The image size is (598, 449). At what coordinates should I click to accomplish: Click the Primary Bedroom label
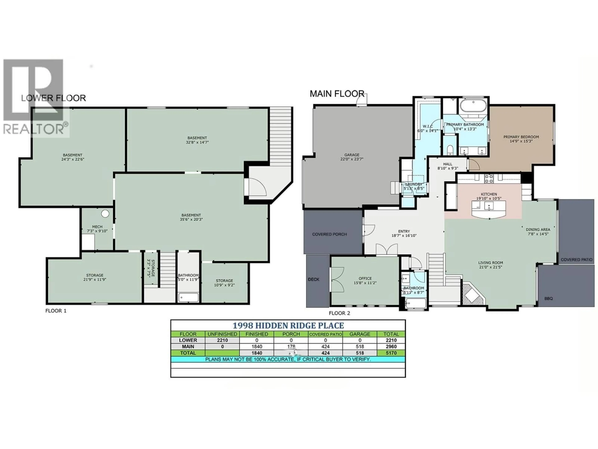521,137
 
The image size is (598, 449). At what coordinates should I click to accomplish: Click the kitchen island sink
489,207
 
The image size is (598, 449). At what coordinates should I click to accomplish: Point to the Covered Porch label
329,234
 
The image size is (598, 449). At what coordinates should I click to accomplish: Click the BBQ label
548,299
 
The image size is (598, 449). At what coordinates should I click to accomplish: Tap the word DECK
314,279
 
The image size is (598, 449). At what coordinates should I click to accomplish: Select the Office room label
365,278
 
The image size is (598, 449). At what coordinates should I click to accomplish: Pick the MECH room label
97,227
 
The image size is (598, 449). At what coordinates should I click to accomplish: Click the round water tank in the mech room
105,214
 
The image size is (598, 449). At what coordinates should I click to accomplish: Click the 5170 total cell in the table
391,353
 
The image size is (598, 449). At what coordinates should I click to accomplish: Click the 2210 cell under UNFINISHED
222,340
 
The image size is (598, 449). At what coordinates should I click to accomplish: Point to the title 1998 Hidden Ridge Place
288,325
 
